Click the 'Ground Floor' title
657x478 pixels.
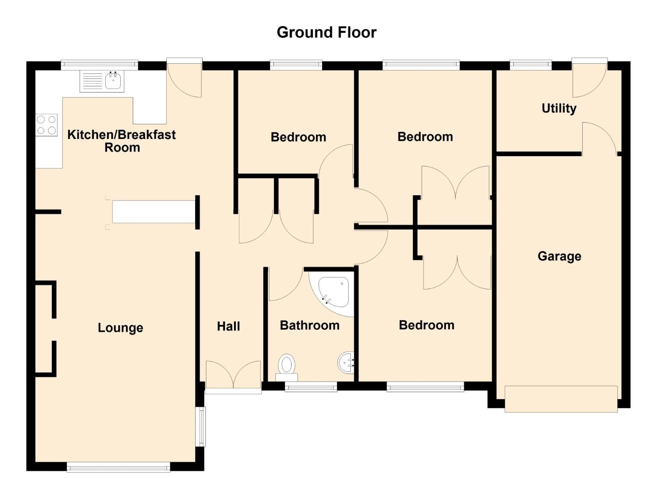coord(327,32)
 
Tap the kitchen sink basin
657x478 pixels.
coord(113,81)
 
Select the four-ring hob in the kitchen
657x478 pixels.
coord(46,125)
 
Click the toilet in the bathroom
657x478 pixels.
coord(287,368)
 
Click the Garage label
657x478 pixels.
coord(559,256)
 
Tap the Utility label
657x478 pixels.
coord(559,108)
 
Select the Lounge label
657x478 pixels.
coord(120,328)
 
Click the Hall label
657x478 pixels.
coord(228,326)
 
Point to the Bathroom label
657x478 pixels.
coord(310,325)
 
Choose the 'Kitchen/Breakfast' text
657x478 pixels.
coord(122,135)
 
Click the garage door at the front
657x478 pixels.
coord(561,399)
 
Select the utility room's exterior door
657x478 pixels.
coord(590,78)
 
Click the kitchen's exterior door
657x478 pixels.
coord(184,78)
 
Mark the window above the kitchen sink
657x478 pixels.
coord(100,65)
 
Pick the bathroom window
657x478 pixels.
coord(311,386)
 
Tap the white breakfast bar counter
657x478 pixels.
coord(154,212)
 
